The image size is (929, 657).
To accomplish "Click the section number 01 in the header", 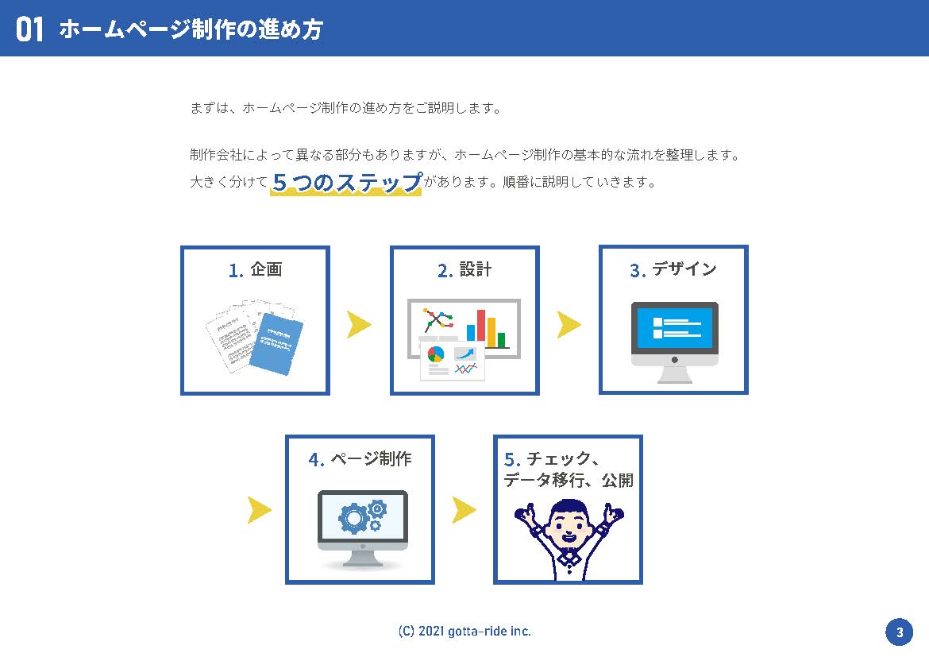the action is [29, 29].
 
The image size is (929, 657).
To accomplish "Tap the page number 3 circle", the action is [899, 632].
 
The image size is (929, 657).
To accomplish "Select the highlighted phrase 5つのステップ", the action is [347, 181].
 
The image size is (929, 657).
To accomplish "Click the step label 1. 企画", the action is [255, 270].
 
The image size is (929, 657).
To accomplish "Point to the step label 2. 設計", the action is [464, 270].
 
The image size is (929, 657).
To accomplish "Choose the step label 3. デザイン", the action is [673, 270].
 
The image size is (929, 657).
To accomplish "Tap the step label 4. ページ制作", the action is [360, 459].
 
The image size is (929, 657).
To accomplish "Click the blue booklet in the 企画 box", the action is [276, 344].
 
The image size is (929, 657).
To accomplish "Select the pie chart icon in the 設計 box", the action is [435, 354].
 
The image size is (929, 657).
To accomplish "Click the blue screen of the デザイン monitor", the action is [675, 327].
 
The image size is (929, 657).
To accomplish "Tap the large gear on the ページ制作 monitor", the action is [353, 518].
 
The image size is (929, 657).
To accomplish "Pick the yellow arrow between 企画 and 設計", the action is [358, 324].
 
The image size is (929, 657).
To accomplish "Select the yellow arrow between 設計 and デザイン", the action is [569, 324].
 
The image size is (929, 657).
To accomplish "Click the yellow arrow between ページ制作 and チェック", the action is [464, 510].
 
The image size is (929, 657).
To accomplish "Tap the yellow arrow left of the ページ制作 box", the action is [259, 510].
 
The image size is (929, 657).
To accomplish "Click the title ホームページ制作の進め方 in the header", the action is [191, 29].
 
